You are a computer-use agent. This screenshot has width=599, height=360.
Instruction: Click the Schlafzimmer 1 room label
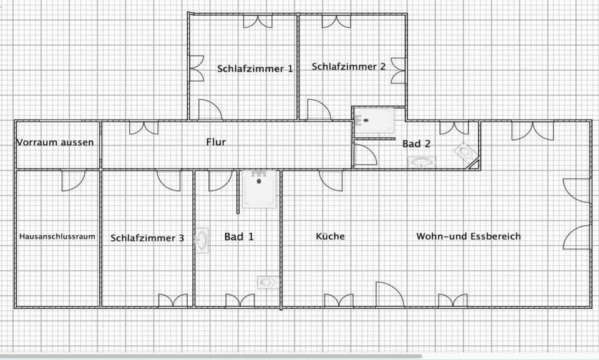(x=255, y=69)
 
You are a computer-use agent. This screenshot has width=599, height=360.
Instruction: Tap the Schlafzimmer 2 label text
(x=348, y=67)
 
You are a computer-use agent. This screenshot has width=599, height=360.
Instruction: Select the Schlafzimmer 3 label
(x=147, y=238)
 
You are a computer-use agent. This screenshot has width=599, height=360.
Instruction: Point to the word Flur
(x=216, y=142)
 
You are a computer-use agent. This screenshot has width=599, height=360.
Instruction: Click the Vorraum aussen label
(x=55, y=142)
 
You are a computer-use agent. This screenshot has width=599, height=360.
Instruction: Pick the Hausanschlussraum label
(x=57, y=236)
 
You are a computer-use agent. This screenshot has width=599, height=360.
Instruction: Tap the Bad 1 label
(x=239, y=236)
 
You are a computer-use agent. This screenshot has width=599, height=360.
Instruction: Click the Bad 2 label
(x=416, y=144)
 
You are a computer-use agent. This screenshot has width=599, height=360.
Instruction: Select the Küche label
(x=330, y=236)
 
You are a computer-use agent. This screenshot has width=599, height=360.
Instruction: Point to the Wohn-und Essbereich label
(x=469, y=236)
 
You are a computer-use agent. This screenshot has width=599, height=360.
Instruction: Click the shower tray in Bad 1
(x=260, y=189)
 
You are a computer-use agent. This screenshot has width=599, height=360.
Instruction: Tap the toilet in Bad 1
(x=268, y=283)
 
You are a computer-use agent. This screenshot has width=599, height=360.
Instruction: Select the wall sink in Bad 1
(x=202, y=240)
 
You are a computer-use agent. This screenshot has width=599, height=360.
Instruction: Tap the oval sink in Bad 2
(x=421, y=162)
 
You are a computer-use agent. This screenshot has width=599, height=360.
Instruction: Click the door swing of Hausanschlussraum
(x=74, y=181)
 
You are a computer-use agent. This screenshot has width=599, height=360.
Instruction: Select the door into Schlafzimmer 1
(x=210, y=109)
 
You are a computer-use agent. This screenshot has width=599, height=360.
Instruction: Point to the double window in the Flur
(x=144, y=128)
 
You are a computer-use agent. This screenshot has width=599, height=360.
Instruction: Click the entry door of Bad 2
(x=366, y=154)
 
